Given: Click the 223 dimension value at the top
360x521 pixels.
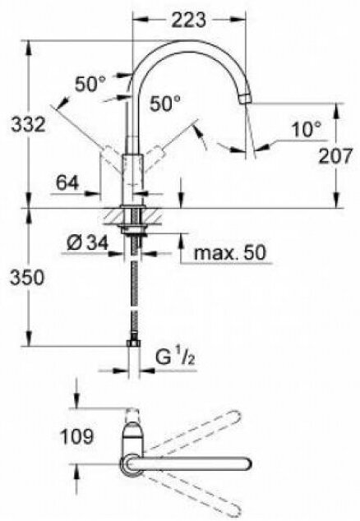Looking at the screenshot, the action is (188, 20).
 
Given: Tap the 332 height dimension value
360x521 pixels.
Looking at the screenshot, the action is (28, 125).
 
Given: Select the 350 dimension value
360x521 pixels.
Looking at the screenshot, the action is (26, 277).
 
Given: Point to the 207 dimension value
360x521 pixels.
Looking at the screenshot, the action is (335, 156).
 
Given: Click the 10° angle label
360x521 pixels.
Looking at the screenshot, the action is (307, 129).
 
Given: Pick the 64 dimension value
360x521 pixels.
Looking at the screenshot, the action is (67, 182).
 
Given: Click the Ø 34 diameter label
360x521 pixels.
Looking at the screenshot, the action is (88, 243).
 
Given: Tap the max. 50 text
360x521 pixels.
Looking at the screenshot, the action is (230, 252).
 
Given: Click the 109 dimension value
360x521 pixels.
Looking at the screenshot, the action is (76, 436).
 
